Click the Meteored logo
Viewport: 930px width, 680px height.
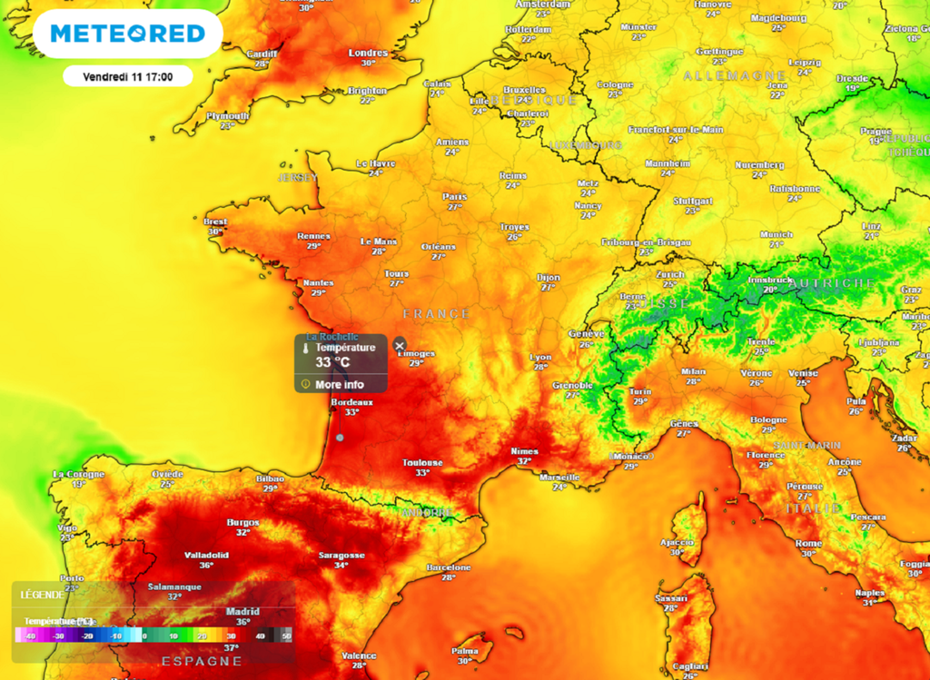point(127,34)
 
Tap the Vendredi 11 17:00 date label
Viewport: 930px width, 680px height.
point(127,76)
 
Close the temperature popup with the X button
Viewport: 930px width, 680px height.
point(399,345)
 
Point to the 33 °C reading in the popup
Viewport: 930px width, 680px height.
point(332,362)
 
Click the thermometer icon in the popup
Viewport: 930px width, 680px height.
point(307,348)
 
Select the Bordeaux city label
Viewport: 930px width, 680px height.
point(351,401)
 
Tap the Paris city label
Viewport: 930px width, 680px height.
point(454,196)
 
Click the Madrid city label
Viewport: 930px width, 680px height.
point(242,612)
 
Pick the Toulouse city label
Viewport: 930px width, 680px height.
point(422,463)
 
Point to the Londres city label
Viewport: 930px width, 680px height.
point(368,53)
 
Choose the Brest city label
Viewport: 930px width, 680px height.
point(215,222)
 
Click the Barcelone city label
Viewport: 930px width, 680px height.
point(449,567)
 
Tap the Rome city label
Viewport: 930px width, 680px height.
point(808,543)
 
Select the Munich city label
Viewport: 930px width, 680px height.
point(777,234)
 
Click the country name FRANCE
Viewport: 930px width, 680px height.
point(437,314)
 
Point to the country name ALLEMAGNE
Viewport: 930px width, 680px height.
point(735,75)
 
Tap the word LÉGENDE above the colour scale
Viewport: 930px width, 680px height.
point(42,595)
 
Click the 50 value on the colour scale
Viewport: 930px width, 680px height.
point(288,636)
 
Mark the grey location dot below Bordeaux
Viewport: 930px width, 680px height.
point(340,438)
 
